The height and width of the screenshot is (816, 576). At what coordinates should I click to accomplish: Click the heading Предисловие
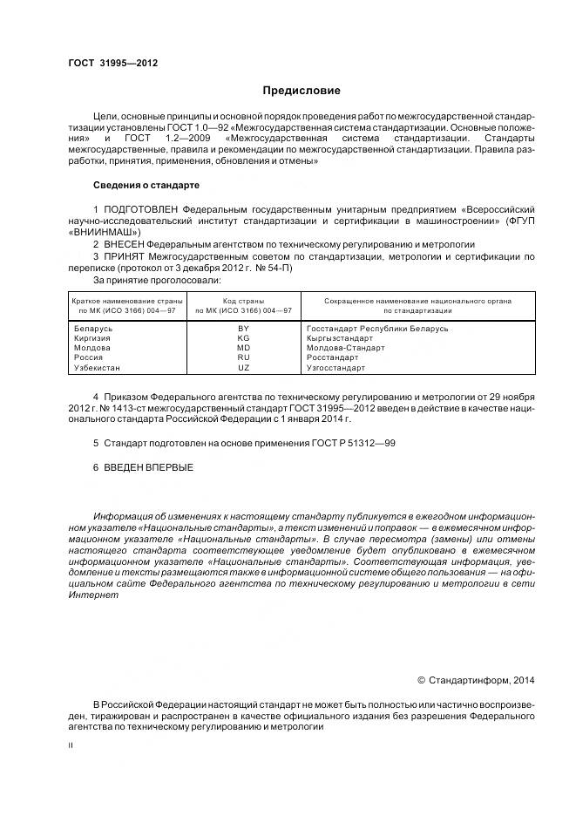(302, 91)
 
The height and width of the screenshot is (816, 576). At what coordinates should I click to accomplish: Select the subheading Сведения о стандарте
(146, 186)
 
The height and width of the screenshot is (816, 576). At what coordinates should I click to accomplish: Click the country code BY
(244, 329)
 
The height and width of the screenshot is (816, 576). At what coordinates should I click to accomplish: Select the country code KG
(244, 338)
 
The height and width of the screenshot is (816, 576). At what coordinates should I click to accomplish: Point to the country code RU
(244, 357)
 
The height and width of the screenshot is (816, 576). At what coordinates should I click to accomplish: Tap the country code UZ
(244, 368)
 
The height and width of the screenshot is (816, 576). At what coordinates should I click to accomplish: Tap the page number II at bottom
(71, 745)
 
